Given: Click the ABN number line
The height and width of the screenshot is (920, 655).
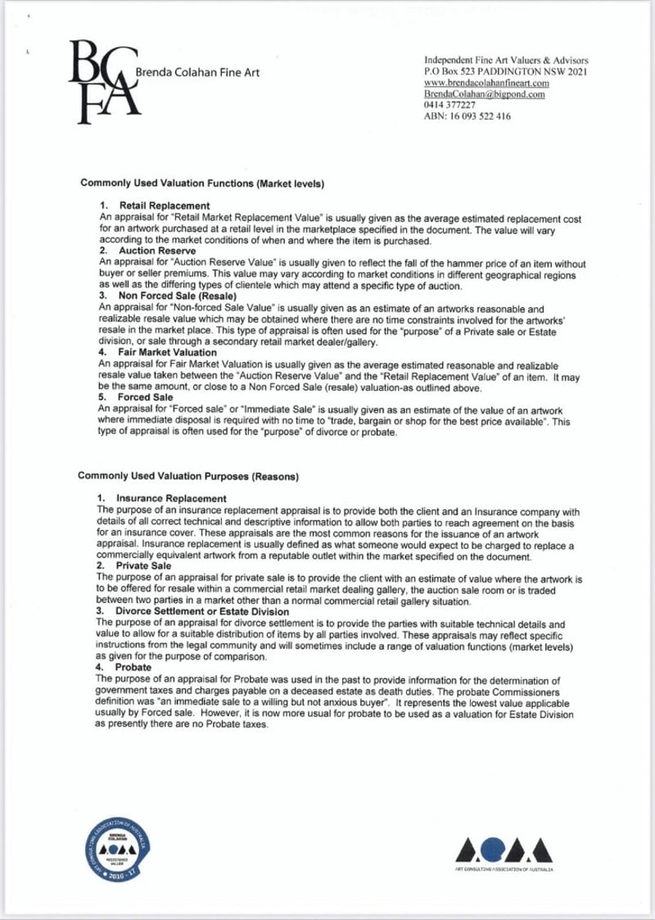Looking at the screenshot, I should click(468, 117).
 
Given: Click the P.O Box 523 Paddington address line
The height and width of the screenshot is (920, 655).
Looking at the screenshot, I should click(506, 73).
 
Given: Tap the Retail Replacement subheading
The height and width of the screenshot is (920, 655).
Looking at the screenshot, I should click(165, 205).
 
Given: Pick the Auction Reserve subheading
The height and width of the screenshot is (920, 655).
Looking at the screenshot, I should click(157, 250).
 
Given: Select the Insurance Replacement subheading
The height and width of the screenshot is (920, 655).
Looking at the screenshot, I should click(171, 498).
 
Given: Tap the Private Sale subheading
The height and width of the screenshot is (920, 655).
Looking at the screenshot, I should click(144, 565).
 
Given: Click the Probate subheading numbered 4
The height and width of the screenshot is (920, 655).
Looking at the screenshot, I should click(134, 667).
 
